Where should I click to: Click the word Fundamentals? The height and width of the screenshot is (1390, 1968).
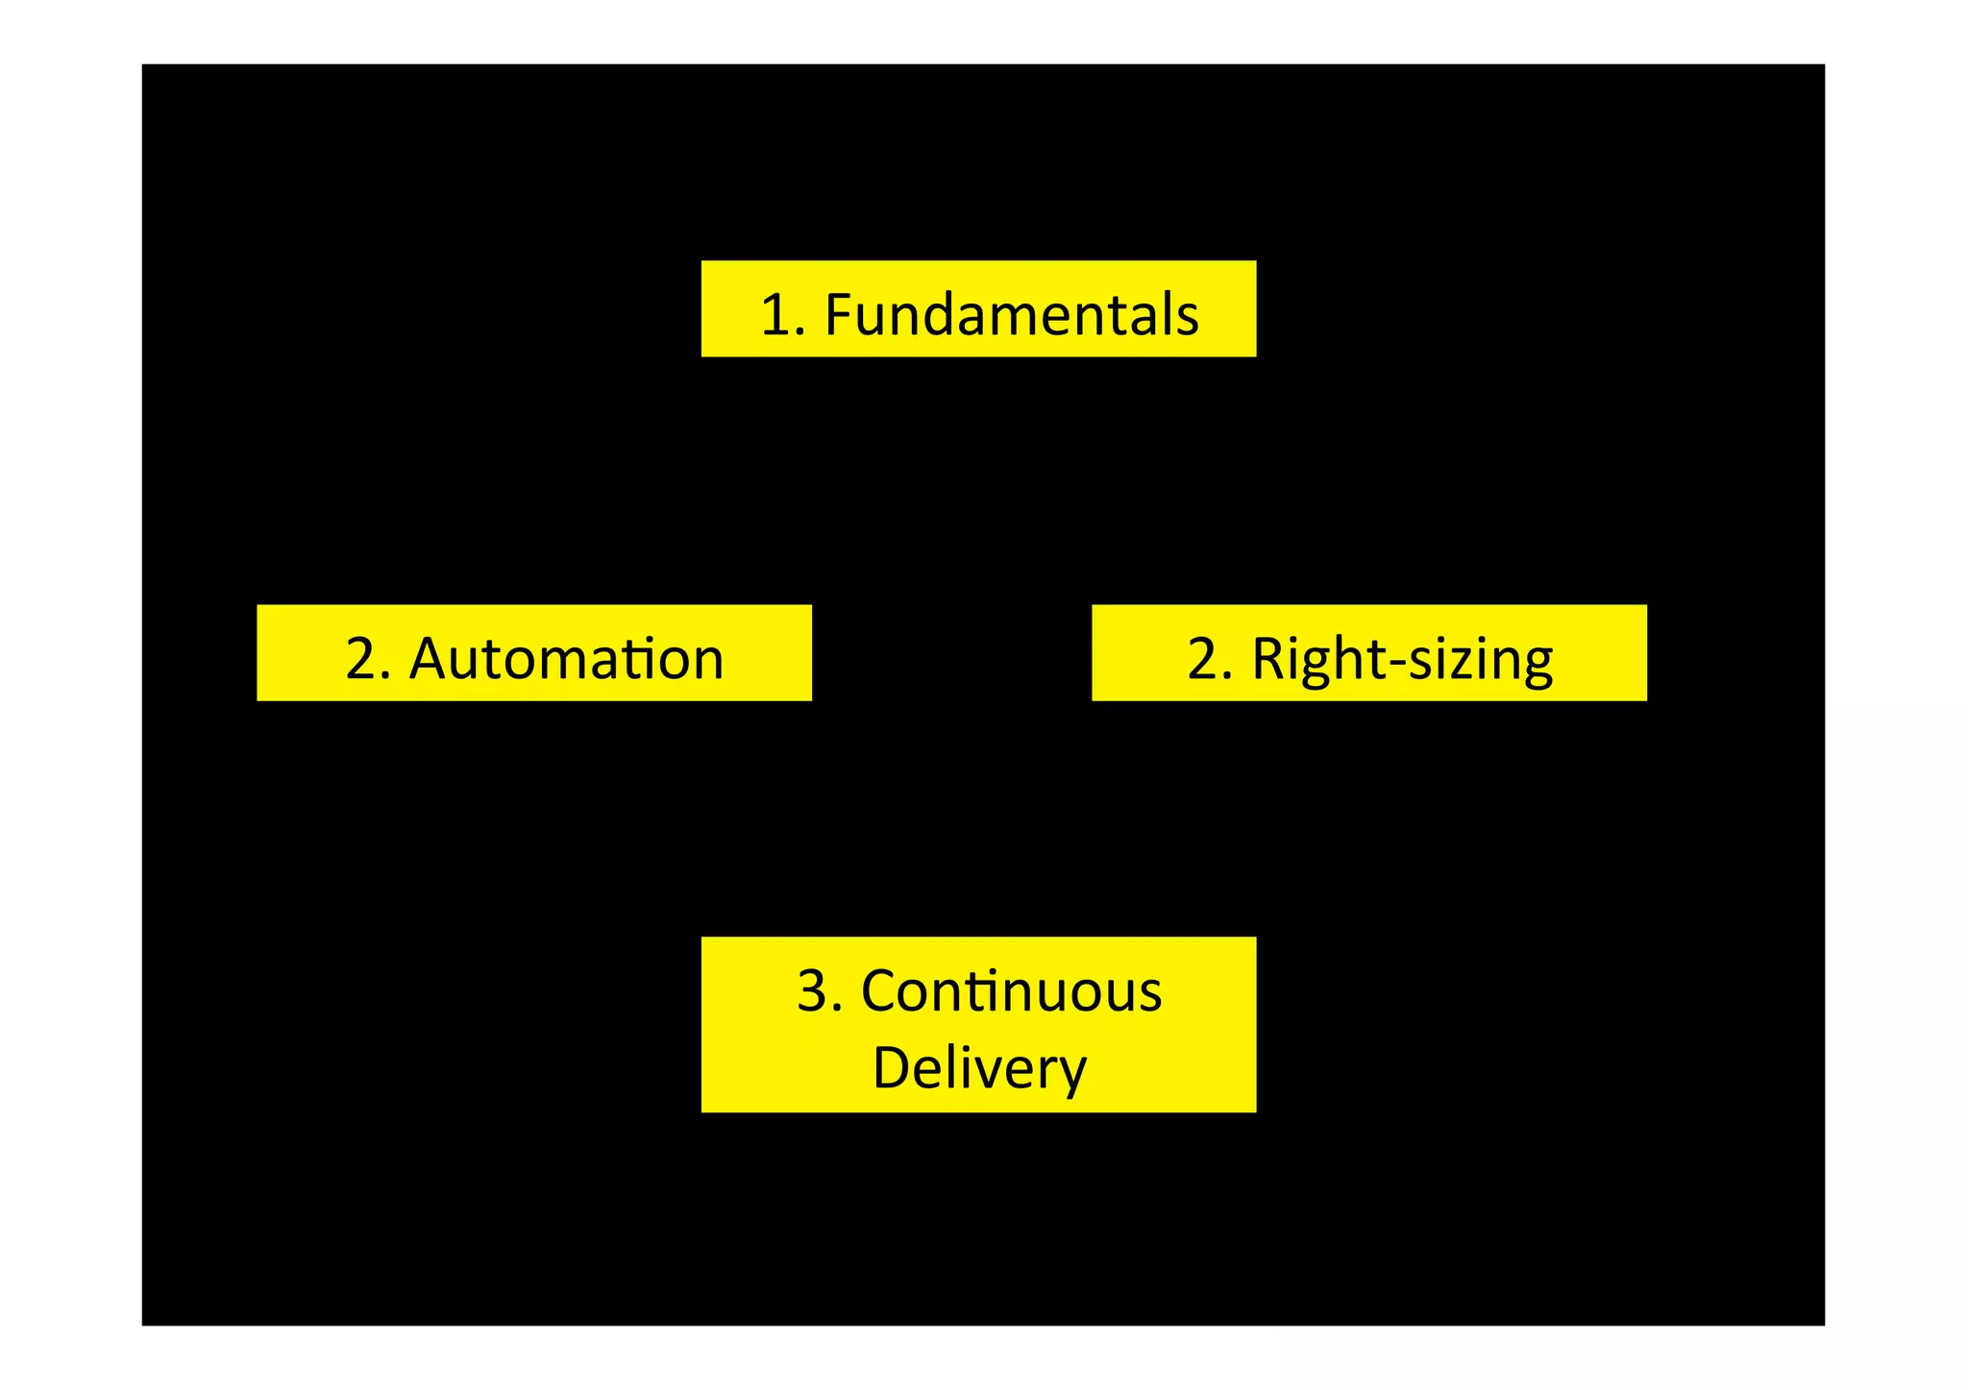tap(1011, 314)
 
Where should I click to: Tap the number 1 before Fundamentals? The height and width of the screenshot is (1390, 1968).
tap(775, 315)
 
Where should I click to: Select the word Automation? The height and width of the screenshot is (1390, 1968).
tap(566, 659)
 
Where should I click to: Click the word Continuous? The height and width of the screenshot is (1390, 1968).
tap(1011, 991)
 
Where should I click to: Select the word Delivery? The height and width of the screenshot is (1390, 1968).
tap(978, 1068)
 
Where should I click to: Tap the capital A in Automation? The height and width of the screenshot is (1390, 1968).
tap(428, 659)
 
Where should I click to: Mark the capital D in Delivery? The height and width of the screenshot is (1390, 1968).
tap(891, 1067)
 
